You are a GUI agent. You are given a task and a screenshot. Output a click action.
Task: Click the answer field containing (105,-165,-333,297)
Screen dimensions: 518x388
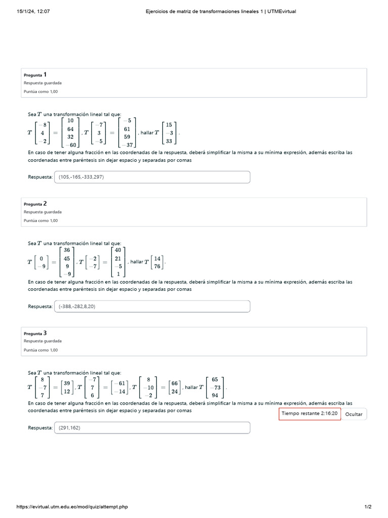[152, 177]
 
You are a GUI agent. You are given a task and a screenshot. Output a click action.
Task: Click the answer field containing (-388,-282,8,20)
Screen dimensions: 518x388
[152, 307]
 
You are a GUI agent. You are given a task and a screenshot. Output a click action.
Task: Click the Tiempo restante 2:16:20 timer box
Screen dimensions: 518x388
[310, 413]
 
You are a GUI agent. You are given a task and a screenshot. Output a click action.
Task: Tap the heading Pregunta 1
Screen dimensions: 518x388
[35, 75]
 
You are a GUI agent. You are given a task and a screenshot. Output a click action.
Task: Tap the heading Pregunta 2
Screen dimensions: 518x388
[35, 204]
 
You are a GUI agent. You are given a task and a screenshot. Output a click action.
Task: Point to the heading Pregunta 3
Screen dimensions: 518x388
[35, 333]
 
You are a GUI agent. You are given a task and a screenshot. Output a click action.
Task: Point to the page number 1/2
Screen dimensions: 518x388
[368, 507]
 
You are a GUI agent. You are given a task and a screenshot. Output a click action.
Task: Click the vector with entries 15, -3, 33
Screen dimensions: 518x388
[169, 132]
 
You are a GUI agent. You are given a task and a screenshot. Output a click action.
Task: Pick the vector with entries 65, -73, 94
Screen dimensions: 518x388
[215, 387]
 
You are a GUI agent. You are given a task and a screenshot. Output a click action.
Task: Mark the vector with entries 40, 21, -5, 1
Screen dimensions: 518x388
[118, 262]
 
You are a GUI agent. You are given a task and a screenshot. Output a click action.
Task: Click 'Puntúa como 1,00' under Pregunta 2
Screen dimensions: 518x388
[40, 221]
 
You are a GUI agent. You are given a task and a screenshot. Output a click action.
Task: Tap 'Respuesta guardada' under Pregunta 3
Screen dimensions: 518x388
[42, 341]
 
